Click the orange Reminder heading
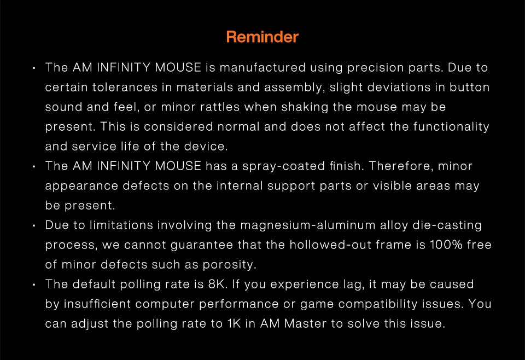(262, 37)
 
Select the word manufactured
(263, 67)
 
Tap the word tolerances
(125, 87)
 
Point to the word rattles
(220, 107)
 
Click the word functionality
(451, 126)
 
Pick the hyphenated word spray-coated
(284, 166)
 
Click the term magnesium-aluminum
(308, 225)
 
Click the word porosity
(229, 265)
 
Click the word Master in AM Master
(305, 323)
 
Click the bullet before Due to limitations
(34, 226)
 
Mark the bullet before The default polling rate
(34, 285)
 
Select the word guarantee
(202, 245)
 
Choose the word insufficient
(97, 304)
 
